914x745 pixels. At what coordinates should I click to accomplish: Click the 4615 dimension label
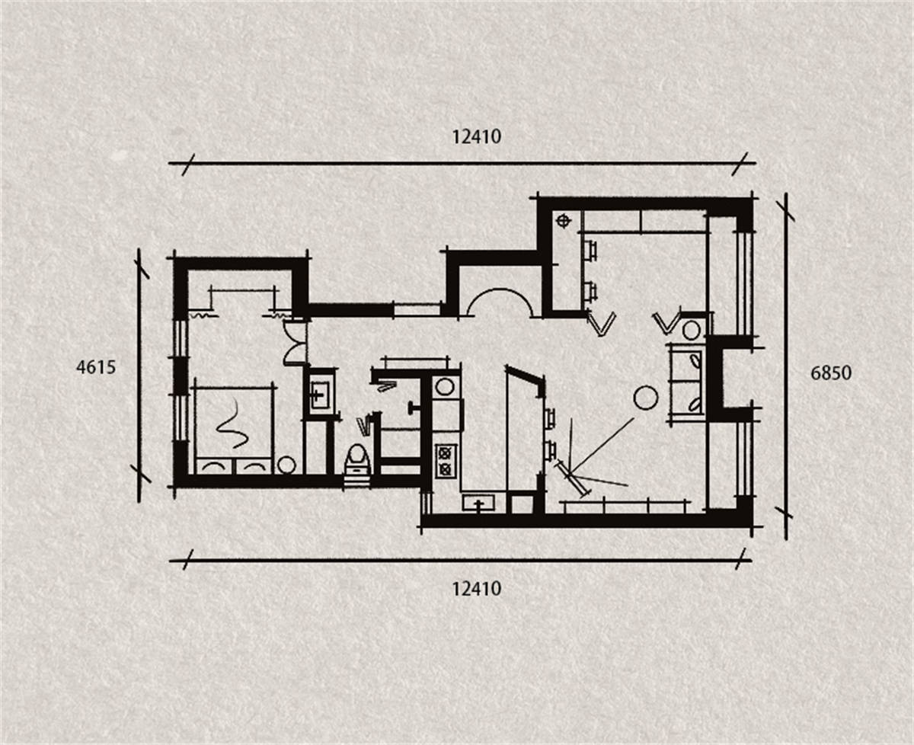tap(96, 367)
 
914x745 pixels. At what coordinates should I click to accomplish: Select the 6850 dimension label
tap(831, 373)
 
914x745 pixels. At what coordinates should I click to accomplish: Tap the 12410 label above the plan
tap(477, 137)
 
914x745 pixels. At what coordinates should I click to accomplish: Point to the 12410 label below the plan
tap(477, 589)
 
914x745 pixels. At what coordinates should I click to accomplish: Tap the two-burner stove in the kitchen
tap(446, 461)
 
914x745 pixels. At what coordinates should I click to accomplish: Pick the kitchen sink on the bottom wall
tap(478, 502)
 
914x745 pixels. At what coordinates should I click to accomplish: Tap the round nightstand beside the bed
tap(286, 465)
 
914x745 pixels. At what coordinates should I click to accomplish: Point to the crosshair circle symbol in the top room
tap(563, 221)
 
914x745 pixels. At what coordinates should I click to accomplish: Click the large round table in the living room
tap(645, 398)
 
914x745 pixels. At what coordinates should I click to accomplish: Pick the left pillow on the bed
tap(213, 466)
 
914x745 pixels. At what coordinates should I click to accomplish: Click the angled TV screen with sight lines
tap(574, 478)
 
